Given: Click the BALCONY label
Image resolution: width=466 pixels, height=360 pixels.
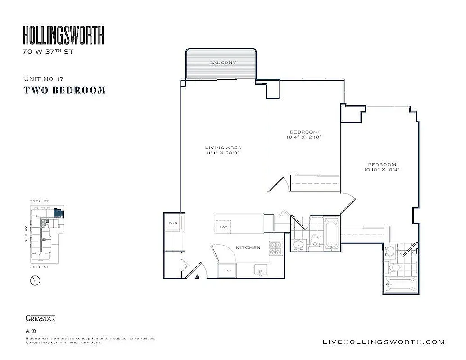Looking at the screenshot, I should [222, 63].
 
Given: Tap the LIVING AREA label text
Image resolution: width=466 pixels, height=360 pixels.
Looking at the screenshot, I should [223, 148].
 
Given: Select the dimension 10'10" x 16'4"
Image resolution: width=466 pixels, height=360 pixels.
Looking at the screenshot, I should [381, 170].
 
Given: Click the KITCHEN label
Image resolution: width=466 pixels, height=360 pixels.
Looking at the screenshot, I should [248, 248].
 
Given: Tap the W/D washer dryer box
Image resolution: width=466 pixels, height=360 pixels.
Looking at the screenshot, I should [173, 223].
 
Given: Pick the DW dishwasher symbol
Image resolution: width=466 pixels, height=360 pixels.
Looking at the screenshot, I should [223, 227].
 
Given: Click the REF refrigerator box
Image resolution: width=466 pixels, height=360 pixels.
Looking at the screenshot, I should [224, 270].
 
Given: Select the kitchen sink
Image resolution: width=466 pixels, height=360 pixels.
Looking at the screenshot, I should [260, 270].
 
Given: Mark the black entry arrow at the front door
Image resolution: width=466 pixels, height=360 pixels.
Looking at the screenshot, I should [197, 277].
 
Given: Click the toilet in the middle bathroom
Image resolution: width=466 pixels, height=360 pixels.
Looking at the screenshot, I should [315, 241].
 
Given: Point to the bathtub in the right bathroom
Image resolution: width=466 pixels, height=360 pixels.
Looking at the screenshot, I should [401, 284].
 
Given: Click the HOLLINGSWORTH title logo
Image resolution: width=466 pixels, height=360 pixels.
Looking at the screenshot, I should [63, 35].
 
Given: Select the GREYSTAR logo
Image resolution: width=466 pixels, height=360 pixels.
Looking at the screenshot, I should [40, 319].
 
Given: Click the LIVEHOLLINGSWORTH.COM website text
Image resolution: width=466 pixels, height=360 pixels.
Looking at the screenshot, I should [384, 342].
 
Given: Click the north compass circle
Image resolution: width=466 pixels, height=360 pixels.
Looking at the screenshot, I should [33, 281].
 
